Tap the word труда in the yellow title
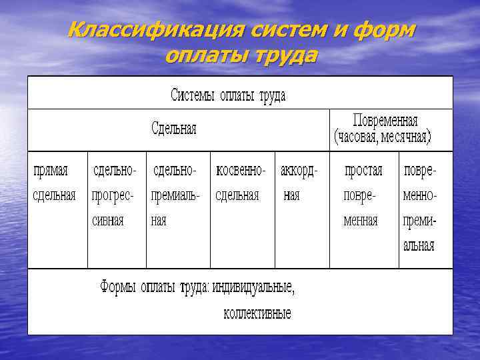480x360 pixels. pos(283,55)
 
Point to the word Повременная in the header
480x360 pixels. pos(385,121)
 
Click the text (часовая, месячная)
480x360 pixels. pos(383,138)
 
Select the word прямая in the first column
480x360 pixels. pos(51,170)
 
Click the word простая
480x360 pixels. pos(363,170)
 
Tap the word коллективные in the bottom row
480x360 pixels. pos(257,313)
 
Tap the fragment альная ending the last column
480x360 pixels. pos(419,245)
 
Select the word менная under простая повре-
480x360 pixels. pos(361,220)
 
